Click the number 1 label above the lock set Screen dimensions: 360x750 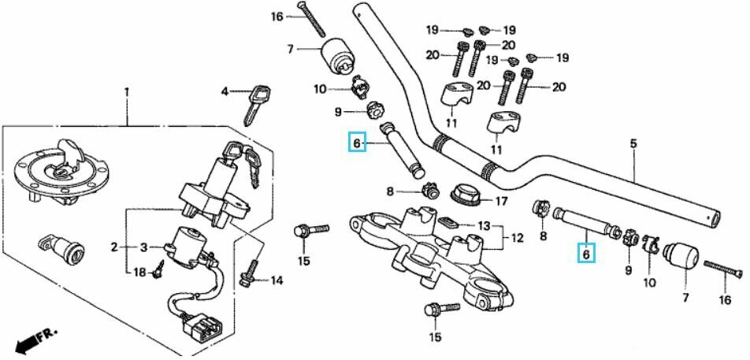tap(125, 92)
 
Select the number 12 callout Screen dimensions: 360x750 tap(518, 236)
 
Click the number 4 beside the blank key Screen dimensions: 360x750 tap(224, 91)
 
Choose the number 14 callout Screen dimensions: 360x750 tap(277, 280)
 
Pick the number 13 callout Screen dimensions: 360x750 tap(483, 225)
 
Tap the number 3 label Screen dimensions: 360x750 tap(143, 247)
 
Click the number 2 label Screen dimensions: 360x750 tap(114, 247)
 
